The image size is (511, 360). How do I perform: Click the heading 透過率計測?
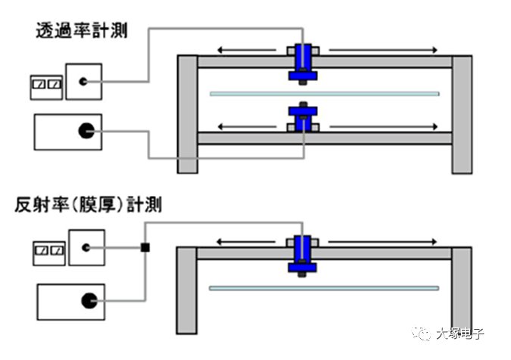[x=82, y=31]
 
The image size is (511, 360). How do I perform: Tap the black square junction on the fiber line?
[x=145, y=247]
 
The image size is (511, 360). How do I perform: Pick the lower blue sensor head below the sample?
[x=303, y=119]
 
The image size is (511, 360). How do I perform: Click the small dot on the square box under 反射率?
[x=86, y=247]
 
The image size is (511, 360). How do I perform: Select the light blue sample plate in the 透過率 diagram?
[x=323, y=94]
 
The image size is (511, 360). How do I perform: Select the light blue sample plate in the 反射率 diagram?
[x=323, y=288]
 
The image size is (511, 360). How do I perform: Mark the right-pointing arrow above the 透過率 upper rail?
[x=382, y=50]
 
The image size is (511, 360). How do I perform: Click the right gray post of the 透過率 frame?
[x=462, y=113]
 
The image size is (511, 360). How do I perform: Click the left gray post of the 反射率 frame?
[x=187, y=291]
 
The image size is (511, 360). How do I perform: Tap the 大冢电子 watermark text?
[x=459, y=332]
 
